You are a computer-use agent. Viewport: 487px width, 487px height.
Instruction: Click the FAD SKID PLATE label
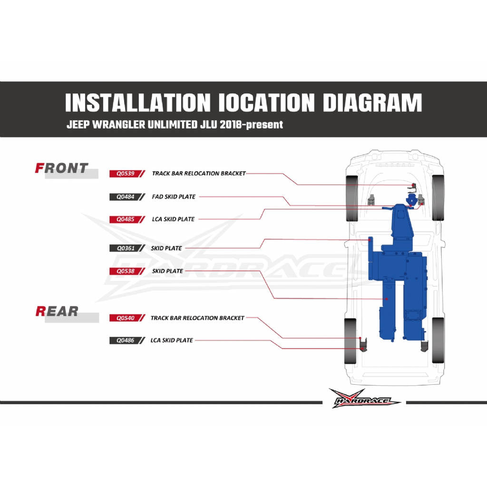(174, 196)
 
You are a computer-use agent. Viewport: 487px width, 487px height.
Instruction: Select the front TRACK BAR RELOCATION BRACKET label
(199, 173)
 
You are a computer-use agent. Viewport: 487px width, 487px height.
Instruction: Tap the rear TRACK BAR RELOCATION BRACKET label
(197, 318)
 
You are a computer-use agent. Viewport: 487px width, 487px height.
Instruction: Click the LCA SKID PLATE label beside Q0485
(173, 219)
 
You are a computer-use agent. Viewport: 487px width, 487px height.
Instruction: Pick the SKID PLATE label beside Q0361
(166, 248)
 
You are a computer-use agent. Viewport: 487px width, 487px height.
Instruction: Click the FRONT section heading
(62, 168)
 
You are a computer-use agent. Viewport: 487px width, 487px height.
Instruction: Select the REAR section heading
(57, 311)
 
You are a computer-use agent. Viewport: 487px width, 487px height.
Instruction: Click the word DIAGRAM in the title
(372, 103)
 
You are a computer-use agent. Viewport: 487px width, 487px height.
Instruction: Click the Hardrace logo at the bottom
(364, 399)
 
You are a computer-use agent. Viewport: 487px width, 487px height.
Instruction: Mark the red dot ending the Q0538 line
(387, 299)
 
